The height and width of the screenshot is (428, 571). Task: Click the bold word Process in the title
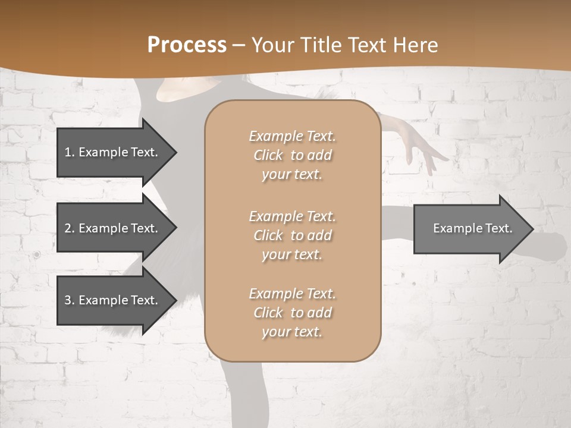click(187, 45)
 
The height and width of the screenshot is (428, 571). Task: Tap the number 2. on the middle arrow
click(69, 228)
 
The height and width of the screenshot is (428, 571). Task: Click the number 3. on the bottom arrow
click(69, 300)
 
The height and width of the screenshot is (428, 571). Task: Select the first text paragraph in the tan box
click(292, 155)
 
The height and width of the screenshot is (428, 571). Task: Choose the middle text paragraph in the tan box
click(292, 235)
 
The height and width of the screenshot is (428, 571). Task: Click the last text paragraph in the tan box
click(292, 313)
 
